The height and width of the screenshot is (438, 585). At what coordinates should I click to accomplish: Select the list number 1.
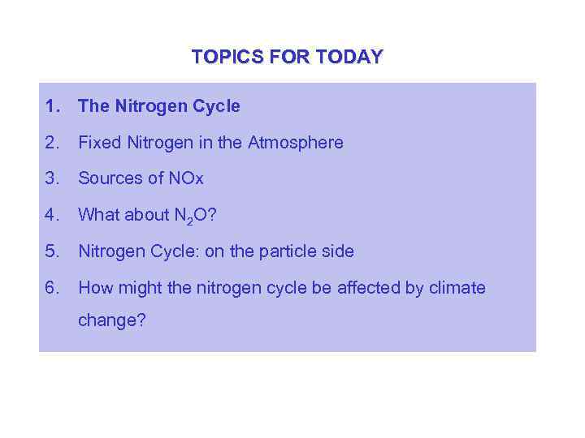point(53,106)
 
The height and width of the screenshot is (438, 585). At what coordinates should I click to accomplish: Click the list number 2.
point(53,143)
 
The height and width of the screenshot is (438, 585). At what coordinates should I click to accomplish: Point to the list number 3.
point(53,178)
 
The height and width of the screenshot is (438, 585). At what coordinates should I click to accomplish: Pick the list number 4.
point(53,215)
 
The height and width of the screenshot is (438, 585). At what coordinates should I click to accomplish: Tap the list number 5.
point(53,251)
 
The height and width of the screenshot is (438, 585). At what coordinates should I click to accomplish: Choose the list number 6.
point(53,288)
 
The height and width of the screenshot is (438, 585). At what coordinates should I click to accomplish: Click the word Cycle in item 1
point(216,106)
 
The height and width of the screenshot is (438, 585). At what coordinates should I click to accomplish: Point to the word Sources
point(110,178)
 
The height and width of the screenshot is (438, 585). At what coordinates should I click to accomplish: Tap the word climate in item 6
point(457,288)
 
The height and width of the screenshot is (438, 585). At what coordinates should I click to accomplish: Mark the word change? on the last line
point(112,320)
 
